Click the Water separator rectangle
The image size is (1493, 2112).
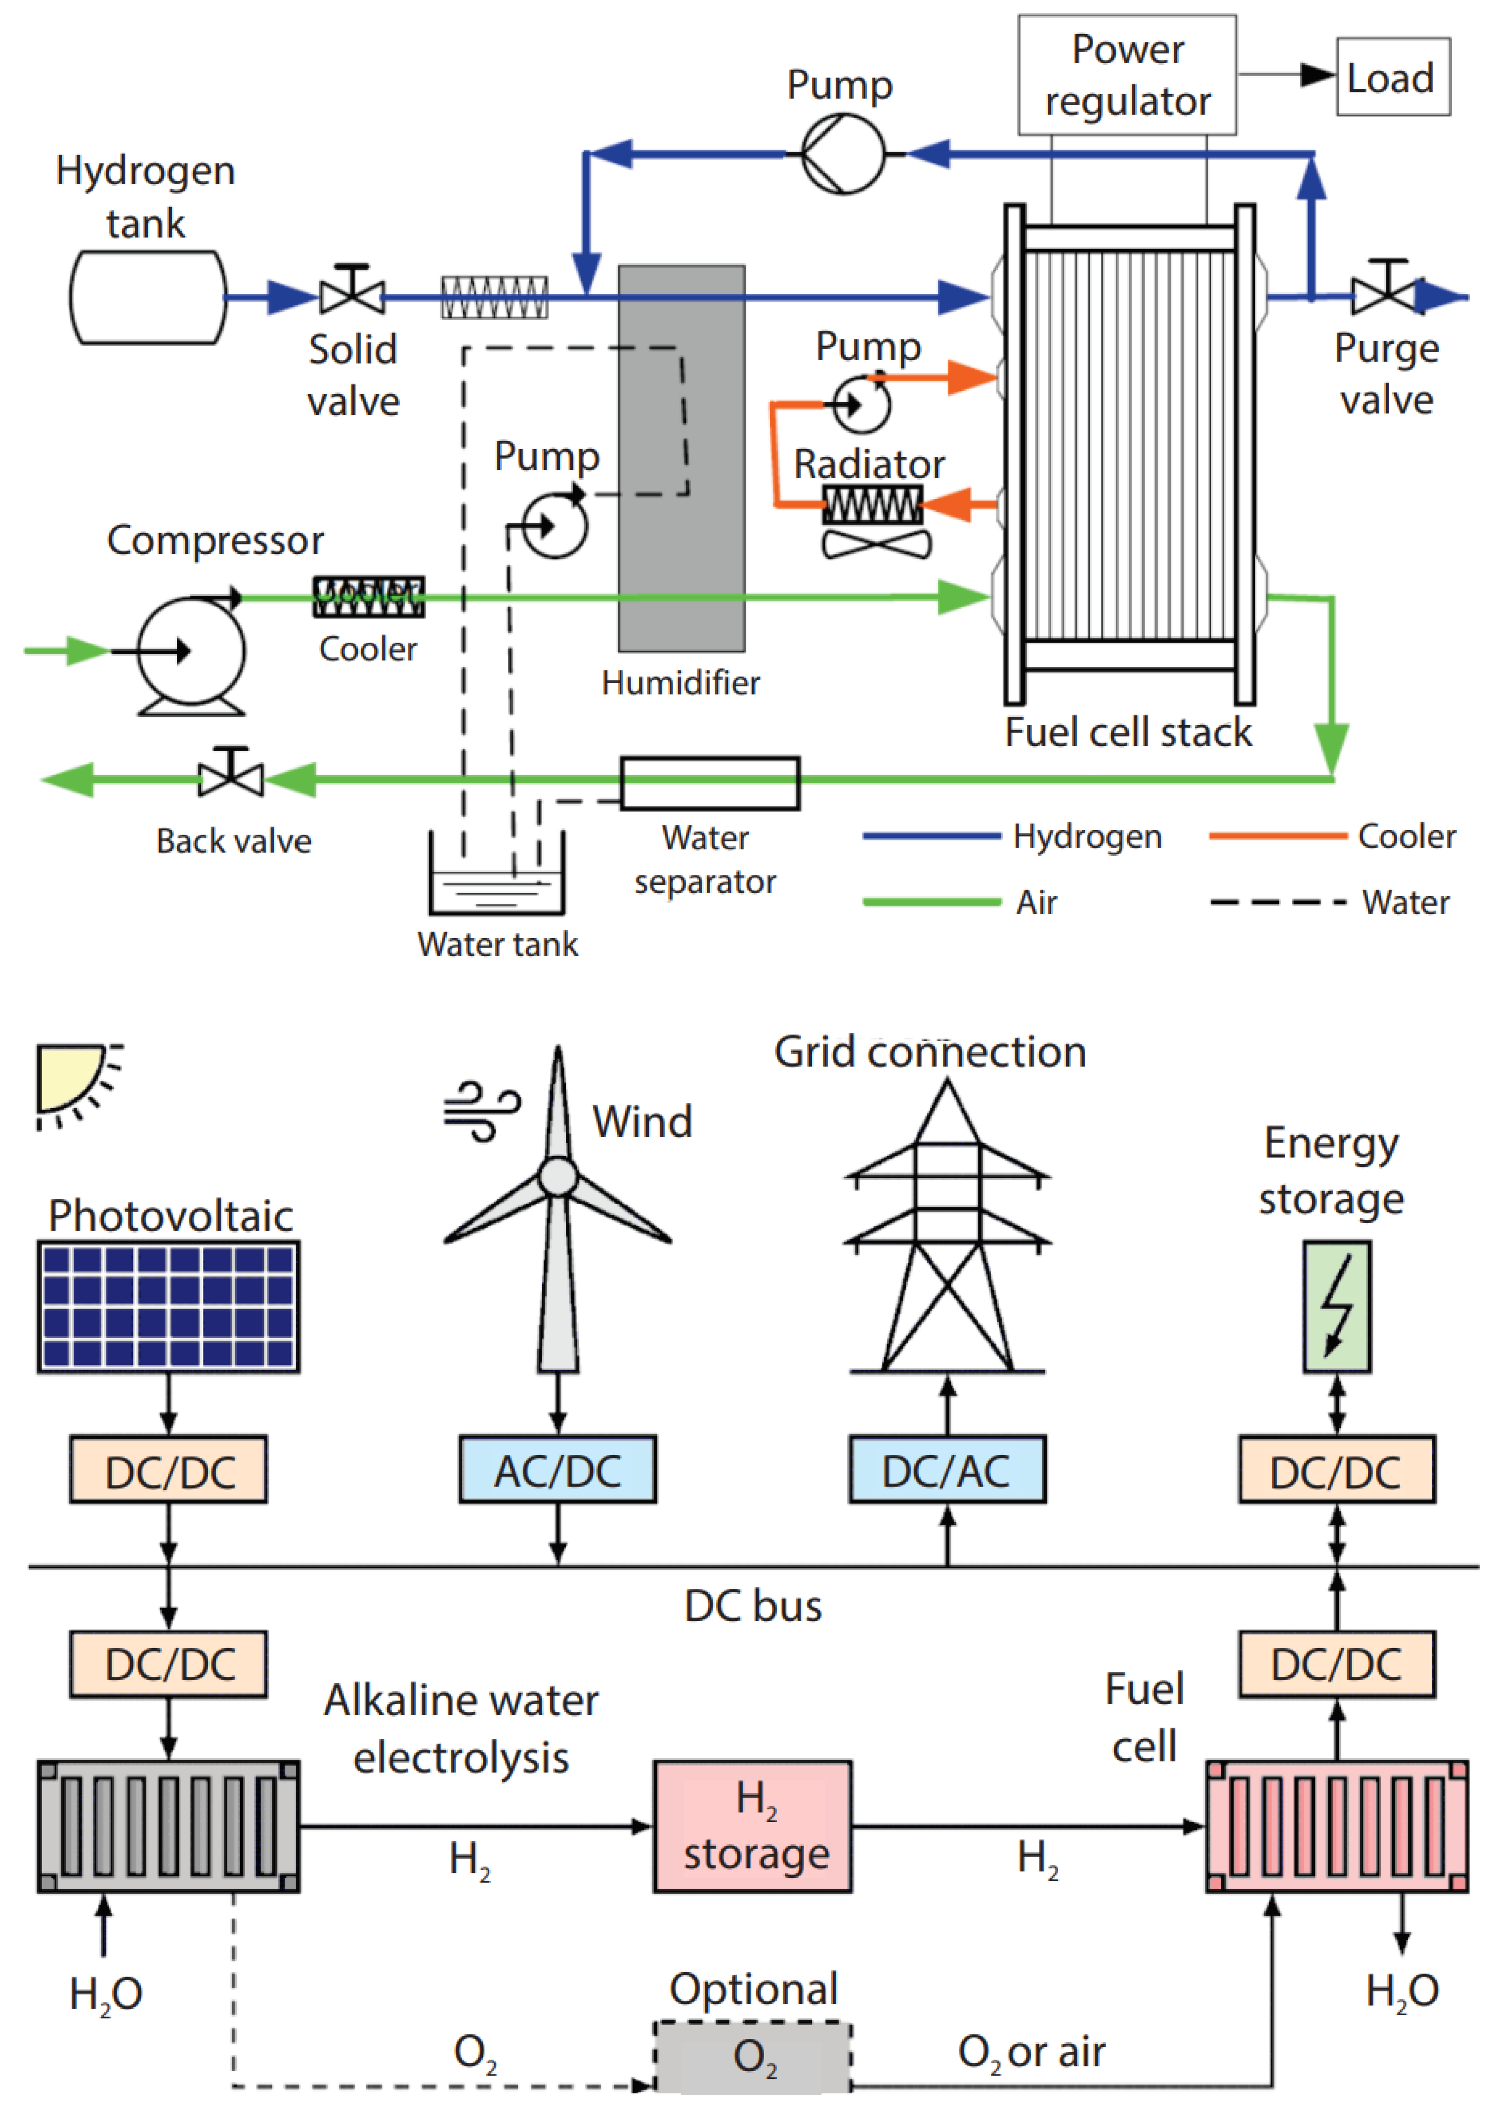tap(709, 783)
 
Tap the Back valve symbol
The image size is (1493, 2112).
tap(231, 776)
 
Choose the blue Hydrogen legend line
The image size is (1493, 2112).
tap(931, 836)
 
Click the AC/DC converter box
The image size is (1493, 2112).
tap(557, 1470)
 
